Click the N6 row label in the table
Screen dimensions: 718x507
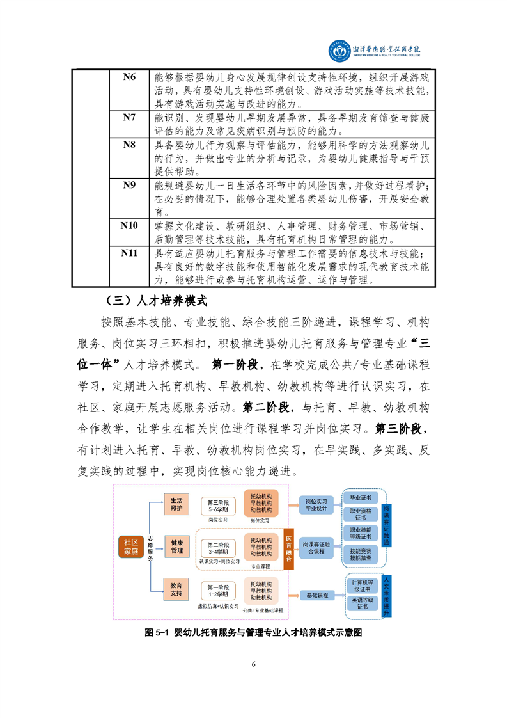(129, 77)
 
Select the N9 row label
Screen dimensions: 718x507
(129, 185)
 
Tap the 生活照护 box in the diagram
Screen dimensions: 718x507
(176, 504)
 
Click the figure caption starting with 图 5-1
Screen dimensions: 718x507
(253, 632)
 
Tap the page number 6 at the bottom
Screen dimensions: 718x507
(254, 664)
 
